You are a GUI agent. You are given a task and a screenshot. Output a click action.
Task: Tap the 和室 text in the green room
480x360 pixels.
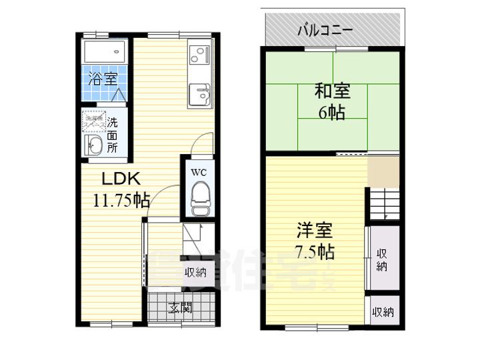[331, 91]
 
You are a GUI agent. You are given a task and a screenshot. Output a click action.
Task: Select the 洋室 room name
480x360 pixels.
[315, 231]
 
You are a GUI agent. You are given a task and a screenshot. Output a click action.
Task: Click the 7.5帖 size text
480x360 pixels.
[315, 253]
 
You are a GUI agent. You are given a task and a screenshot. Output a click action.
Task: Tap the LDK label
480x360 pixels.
[120, 178]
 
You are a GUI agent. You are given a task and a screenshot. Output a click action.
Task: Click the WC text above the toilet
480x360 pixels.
[199, 172]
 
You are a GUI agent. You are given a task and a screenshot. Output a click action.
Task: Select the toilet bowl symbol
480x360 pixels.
[199, 198]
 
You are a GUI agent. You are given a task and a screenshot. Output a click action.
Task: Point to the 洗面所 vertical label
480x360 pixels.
[113, 135]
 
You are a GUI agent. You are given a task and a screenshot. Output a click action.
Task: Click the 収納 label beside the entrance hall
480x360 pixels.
[195, 272]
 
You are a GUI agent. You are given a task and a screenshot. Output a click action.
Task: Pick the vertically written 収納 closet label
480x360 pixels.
[382, 259]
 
